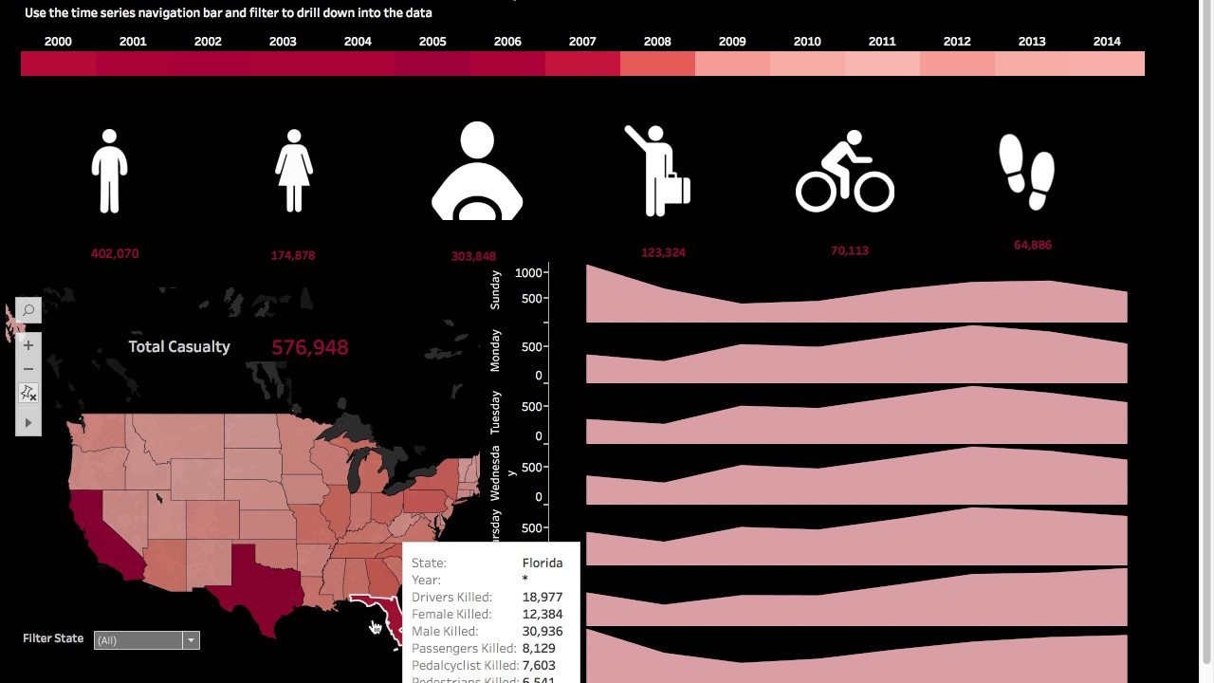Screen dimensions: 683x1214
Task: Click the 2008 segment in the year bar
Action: (x=657, y=64)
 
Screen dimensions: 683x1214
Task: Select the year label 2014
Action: (x=1107, y=42)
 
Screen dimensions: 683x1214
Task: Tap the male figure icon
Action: (x=109, y=172)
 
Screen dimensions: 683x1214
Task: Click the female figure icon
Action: (x=294, y=172)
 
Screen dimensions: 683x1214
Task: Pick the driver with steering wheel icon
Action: (x=477, y=172)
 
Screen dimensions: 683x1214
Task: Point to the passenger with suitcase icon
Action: (x=657, y=172)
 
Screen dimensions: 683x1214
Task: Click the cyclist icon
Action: (x=844, y=172)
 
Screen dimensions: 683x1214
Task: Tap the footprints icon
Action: (x=1027, y=172)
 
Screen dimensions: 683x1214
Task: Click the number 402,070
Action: (x=115, y=254)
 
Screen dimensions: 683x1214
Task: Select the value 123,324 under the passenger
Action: (x=663, y=252)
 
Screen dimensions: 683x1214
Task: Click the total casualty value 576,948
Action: (x=309, y=347)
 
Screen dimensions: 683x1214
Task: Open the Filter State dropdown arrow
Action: (x=191, y=640)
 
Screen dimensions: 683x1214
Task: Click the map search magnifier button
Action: (x=28, y=310)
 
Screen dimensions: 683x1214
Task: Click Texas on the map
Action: (x=254, y=579)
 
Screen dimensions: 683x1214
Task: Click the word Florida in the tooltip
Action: (x=543, y=563)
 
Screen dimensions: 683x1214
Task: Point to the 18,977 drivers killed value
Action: (x=543, y=597)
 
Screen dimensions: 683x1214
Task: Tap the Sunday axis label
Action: (x=495, y=289)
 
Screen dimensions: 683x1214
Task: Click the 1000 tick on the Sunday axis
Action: (x=528, y=273)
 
